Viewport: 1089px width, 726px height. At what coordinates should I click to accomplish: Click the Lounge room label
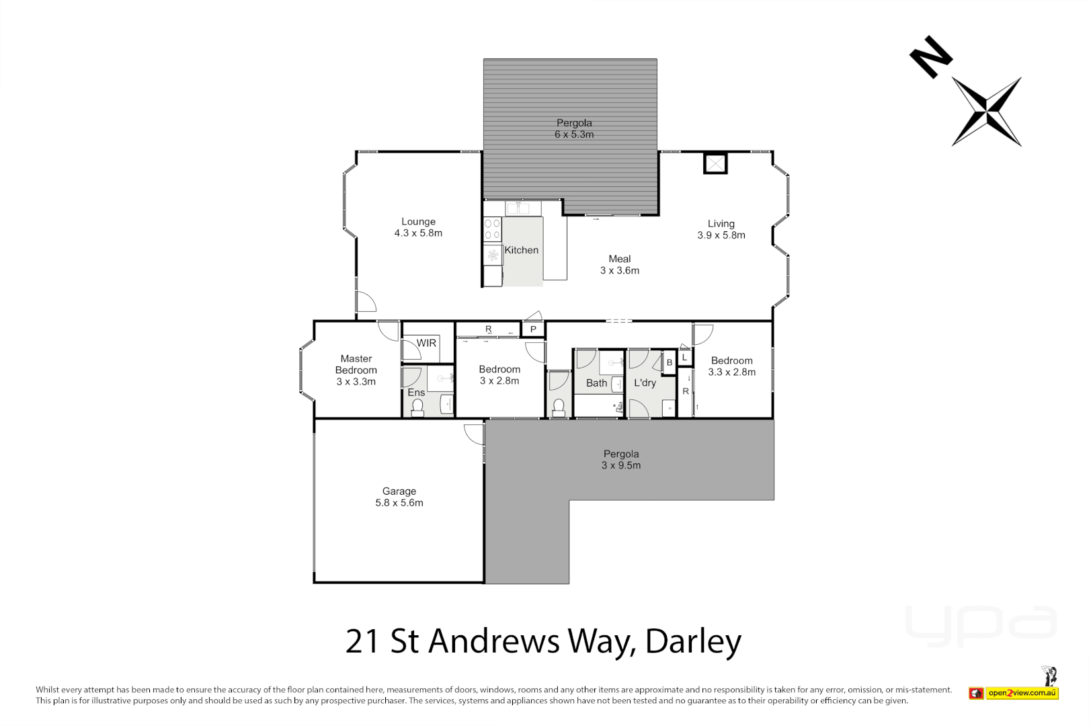pos(418,222)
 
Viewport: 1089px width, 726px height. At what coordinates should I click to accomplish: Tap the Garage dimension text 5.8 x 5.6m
pos(399,503)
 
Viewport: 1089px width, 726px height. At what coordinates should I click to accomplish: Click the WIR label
pos(426,343)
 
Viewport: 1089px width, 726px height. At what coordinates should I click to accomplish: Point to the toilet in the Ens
pos(417,407)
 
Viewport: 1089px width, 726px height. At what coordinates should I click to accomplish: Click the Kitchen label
pos(521,250)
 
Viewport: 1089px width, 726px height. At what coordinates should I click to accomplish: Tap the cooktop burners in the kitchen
pos(493,229)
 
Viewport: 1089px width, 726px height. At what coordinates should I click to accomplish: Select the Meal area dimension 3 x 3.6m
pos(619,270)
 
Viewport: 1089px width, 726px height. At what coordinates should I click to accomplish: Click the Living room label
pos(721,224)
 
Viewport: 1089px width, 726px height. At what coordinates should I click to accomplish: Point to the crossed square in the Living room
pos(715,163)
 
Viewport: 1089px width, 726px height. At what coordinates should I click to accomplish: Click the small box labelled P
pos(533,329)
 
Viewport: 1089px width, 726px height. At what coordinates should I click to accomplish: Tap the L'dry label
pos(645,383)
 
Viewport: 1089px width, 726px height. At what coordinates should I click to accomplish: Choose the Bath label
pos(596,383)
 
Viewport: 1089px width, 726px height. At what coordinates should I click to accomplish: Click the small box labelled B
pos(669,362)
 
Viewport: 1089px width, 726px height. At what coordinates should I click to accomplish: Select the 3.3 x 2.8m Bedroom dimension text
pos(731,372)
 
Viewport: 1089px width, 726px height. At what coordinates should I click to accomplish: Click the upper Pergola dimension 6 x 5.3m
pos(574,134)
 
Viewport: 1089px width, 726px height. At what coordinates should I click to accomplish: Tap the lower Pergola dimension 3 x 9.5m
pos(620,465)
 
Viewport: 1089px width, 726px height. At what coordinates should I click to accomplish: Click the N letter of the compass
pos(930,56)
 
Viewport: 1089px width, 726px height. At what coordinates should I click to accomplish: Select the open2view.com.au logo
pos(1022,693)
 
